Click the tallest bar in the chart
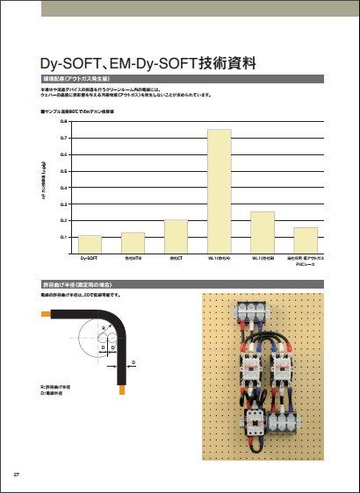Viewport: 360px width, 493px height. tap(219, 190)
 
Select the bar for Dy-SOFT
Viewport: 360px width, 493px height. tap(90, 244)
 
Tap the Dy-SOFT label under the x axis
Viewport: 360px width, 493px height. tap(90, 259)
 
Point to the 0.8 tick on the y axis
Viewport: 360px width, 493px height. tap(64, 123)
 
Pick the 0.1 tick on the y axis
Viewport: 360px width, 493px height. tap(64, 237)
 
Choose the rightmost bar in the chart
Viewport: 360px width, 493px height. tap(306, 239)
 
